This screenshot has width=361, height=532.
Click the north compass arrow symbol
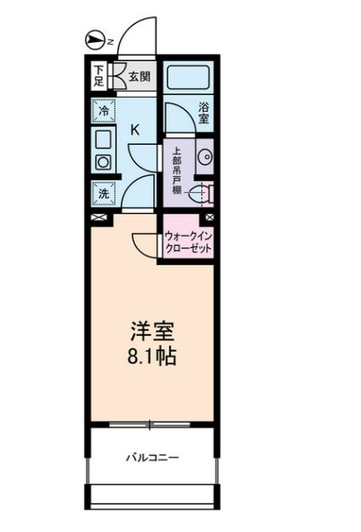click(94, 40)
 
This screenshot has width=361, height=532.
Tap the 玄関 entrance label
click(139, 77)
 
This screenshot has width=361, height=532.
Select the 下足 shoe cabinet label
click(98, 76)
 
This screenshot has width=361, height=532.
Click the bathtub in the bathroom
click(188, 77)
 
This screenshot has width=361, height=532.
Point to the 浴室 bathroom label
click(204, 113)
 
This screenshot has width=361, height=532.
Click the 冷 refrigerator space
click(104, 110)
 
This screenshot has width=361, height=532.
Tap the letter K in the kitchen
click(135, 130)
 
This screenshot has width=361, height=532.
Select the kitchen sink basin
click(103, 140)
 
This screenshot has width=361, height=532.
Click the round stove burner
click(103, 162)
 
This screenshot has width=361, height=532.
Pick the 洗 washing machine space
click(104, 194)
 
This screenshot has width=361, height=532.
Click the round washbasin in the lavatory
click(205, 157)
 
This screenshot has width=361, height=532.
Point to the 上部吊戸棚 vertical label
click(177, 170)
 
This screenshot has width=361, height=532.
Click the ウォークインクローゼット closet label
click(188, 242)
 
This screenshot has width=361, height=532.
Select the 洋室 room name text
click(152, 331)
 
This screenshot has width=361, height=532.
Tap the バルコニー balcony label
click(152, 458)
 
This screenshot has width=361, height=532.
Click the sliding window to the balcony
click(150, 425)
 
